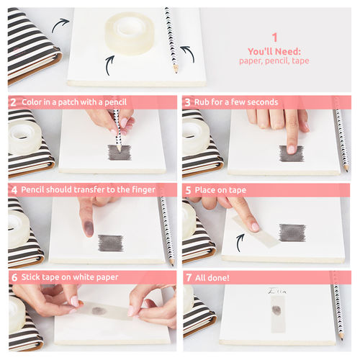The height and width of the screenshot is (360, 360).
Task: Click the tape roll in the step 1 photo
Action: pyautogui.click(x=130, y=34)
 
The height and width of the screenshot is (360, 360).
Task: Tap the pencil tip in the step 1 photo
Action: pyautogui.click(x=176, y=71)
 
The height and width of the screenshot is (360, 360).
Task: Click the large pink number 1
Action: pyautogui.click(x=274, y=37)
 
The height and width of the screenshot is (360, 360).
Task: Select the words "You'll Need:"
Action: pyautogui.click(x=274, y=51)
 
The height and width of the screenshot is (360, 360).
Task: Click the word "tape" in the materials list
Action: pyautogui.click(x=300, y=60)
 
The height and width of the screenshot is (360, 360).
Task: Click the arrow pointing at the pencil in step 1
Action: pyautogui.click(x=188, y=54)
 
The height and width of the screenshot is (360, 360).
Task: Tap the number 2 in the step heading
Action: pyautogui.click(x=13, y=102)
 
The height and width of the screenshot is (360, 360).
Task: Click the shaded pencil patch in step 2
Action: pyautogui.click(x=120, y=153)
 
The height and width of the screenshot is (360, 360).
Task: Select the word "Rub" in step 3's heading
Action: pyautogui.click(x=200, y=102)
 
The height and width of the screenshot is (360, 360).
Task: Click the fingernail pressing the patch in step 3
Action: pyautogui.click(x=291, y=149)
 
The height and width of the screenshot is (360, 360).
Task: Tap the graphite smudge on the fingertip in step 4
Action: pyautogui.click(x=89, y=228)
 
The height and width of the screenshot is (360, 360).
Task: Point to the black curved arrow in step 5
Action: pyautogui.click(x=240, y=243)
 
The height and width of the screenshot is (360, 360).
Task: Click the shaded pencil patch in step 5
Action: pyautogui.click(x=292, y=233)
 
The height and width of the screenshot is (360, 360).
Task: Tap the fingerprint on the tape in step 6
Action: pyautogui.click(x=99, y=310)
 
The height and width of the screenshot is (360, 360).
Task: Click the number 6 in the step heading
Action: pyautogui.click(x=14, y=277)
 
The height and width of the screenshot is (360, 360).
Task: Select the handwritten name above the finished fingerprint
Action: pyautogui.click(x=277, y=291)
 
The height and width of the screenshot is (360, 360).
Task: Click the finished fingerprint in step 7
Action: pyautogui.click(x=276, y=310)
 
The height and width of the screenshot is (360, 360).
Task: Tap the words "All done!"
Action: pyautogui.click(x=212, y=278)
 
